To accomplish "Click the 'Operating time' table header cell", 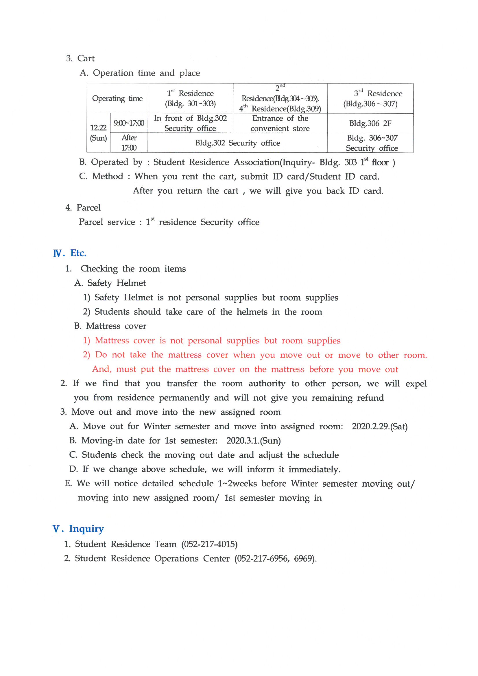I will pyautogui.click(x=117, y=98).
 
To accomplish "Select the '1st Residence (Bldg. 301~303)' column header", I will pyautogui.click(x=190, y=98).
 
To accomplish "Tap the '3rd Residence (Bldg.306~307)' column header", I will pyautogui.click(x=370, y=98).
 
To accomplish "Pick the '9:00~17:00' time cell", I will pyautogui.click(x=129, y=123).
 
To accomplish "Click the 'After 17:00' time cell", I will pyautogui.click(x=129, y=143).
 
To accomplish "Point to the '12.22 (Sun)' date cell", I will pyautogui.click(x=98, y=133).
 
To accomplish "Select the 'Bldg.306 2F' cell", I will pyautogui.click(x=370, y=123).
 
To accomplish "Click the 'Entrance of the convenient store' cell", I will pyautogui.click(x=280, y=123).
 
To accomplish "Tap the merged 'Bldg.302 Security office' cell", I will pyautogui.click(x=237, y=143).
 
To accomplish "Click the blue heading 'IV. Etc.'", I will pyautogui.click(x=70, y=253).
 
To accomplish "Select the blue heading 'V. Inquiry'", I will pyautogui.click(x=78, y=529).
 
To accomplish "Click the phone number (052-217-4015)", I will pyautogui.click(x=209, y=544).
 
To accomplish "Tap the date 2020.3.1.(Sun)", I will pyautogui.click(x=254, y=441).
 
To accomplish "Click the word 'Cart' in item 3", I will pyautogui.click(x=86, y=58).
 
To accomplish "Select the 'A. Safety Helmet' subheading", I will pyautogui.click(x=110, y=283).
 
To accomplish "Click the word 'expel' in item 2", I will pyautogui.click(x=416, y=384).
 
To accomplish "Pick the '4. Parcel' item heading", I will pyautogui.click(x=83, y=208).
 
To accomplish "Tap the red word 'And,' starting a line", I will pyautogui.click(x=102, y=369).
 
